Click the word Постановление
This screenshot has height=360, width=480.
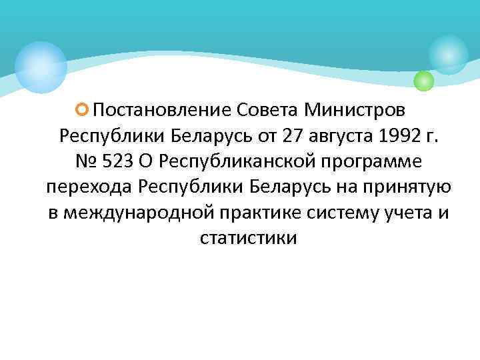click(x=161, y=109)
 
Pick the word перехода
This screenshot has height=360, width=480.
click(x=89, y=189)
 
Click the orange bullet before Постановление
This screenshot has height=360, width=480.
click(x=83, y=107)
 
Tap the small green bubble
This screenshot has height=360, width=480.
click(x=423, y=81)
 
